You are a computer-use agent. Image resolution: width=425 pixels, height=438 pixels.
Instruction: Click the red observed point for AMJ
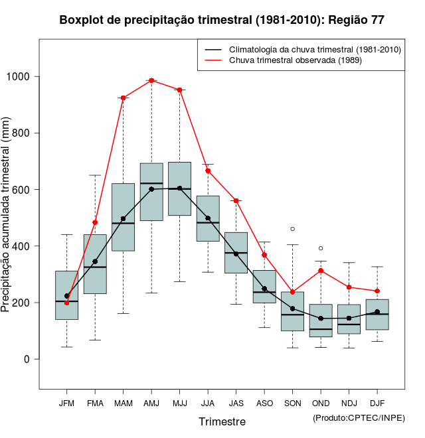coord(151,80)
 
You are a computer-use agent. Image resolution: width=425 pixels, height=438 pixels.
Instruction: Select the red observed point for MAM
coord(124,98)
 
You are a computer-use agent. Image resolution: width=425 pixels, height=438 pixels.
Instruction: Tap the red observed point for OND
coord(321,270)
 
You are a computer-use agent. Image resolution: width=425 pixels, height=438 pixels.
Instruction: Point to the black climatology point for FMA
coord(95,261)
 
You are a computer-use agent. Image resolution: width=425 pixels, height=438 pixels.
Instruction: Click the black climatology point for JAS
coord(236,254)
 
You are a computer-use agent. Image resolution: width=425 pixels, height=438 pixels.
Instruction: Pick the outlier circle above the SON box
coord(293,229)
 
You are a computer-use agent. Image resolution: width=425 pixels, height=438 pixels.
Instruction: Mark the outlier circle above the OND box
coord(321,248)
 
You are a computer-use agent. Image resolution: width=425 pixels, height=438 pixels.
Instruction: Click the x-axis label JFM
coord(66,403)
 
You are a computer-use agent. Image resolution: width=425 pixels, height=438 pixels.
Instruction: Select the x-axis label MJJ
coord(179,403)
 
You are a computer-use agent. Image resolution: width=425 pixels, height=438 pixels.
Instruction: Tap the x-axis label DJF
coord(377,403)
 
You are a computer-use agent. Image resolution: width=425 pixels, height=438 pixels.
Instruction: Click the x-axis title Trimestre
coord(222,421)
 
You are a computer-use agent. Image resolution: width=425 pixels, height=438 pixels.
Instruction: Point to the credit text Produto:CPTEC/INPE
coord(359,417)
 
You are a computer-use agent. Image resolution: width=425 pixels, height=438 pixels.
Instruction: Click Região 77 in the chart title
coord(356,20)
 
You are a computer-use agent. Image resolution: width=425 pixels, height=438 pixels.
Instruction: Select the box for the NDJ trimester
coord(349,319)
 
